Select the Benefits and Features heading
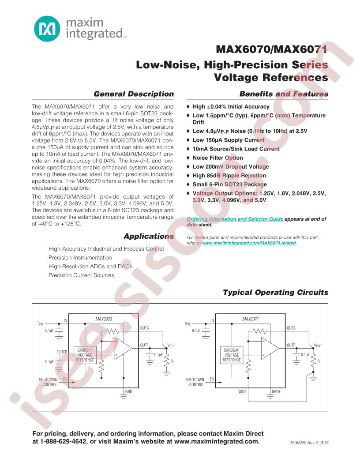[x=284, y=94]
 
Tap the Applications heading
[x=149, y=237]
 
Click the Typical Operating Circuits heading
[x=276, y=292]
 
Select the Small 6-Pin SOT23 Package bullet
[x=229, y=184]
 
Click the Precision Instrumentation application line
[x=80, y=257]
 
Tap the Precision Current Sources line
[x=81, y=275]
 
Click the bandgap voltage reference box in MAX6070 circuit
[x=85, y=355]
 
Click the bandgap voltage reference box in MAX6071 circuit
[x=232, y=355]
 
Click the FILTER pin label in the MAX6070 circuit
[x=62, y=352]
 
